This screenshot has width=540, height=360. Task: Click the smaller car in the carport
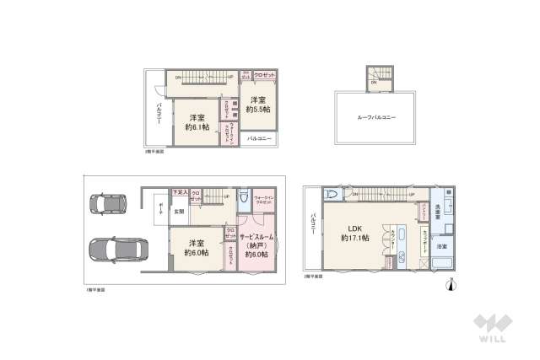[109, 204]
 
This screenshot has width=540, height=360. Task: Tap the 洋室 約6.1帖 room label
[197, 122]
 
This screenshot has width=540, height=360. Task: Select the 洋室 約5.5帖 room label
[259, 105]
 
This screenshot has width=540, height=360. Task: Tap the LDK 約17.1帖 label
[354, 234]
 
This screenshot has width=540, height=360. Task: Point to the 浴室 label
[442, 245]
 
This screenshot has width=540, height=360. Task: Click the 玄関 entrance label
[180, 212]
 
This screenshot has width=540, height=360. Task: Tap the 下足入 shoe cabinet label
[179, 192]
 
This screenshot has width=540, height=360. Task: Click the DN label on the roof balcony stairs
[372, 83]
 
